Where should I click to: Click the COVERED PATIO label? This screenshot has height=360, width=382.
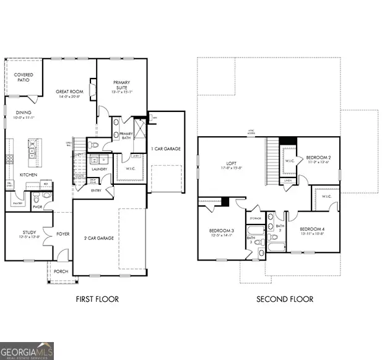pyautogui.click(x=24, y=77)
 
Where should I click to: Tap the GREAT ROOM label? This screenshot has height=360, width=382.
pyautogui.click(x=69, y=92)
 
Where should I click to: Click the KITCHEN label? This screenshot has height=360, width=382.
pyautogui.click(x=28, y=175)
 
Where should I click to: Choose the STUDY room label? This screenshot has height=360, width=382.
pyautogui.click(x=27, y=233)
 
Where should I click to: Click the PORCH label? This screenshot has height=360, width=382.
pyautogui.click(x=61, y=271)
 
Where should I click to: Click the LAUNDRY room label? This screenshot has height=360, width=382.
pyautogui.click(x=99, y=169)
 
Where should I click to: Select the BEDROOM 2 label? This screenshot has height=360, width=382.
pyautogui.click(x=318, y=158)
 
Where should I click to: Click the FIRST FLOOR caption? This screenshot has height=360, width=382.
pyautogui.click(x=97, y=299)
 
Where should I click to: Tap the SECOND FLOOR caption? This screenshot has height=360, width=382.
pyautogui.click(x=285, y=299)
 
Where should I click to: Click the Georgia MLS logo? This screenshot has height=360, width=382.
pyautogui.click(x=27, y=350)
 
